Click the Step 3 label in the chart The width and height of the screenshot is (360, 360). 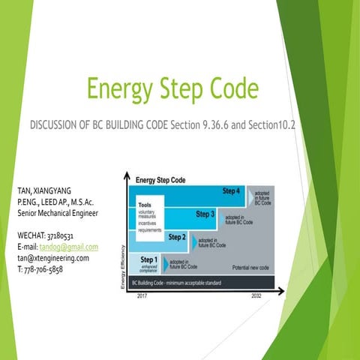205,214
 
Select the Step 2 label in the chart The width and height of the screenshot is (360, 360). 178,237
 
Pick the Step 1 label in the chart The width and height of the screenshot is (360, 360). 150,259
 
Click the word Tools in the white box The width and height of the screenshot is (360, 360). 145,205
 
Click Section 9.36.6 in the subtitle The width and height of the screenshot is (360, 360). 202,123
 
